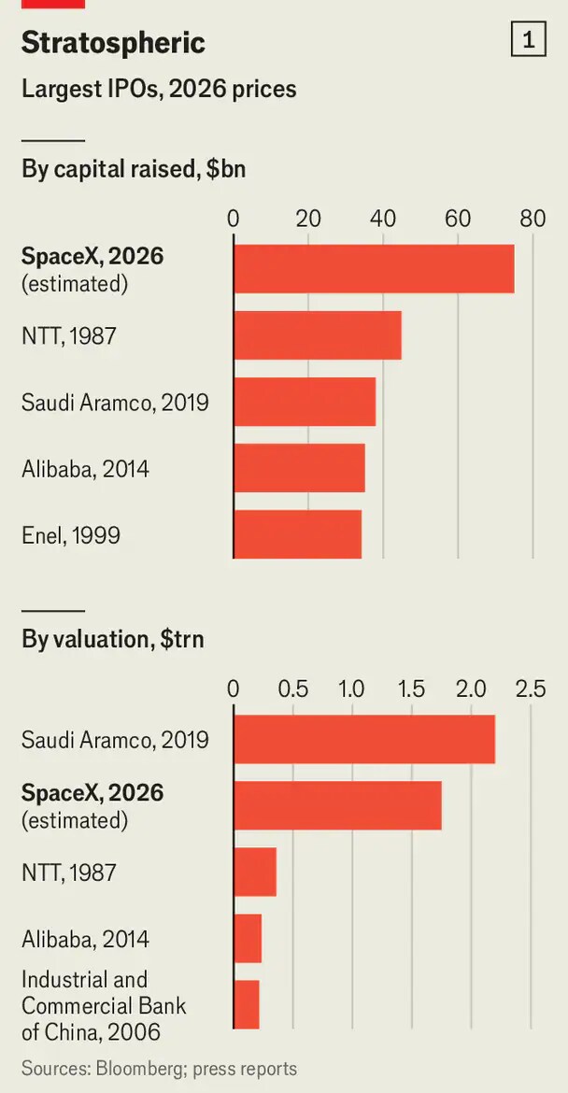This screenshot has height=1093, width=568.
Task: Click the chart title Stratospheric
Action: coord(114,44)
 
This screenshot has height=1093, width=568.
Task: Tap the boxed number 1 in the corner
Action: coord(528,41)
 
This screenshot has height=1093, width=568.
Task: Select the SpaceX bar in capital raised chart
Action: coord(374,269)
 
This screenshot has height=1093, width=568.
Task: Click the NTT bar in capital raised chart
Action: coord(317,335)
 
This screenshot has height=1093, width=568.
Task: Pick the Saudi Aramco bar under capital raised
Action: coord(305,402)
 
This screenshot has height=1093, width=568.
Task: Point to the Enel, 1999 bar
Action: coord(298,534)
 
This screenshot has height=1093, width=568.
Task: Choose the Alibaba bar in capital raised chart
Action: coord(299,468)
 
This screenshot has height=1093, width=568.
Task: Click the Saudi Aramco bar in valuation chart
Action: coord(363,739)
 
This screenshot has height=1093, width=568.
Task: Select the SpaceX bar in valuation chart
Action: coord(337,805)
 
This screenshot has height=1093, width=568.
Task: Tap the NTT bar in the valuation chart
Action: coord(255,872)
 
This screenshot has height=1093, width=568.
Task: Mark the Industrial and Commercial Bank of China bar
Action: coord(246,1004)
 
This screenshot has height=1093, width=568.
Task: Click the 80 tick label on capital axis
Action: coord(532,219)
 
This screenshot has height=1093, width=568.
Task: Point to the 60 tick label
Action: coord(458,219)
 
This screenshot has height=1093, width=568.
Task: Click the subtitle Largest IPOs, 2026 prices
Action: coord(159,90)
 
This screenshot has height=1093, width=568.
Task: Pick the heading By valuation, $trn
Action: coord(113,639)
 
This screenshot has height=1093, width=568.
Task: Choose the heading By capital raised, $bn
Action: coord(134,169)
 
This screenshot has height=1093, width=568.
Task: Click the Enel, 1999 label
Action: coord(71,535)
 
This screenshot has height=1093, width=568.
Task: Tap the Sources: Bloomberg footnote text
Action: coord(160,1069)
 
